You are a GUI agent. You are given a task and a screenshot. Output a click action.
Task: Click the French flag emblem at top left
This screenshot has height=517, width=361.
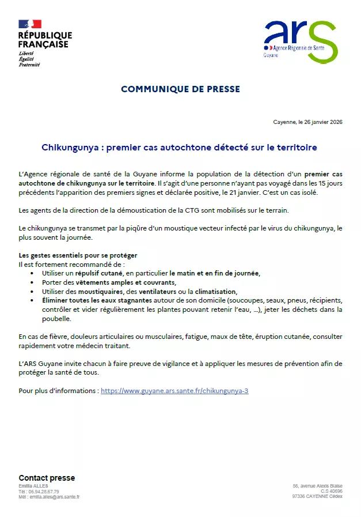(x=30, y=24)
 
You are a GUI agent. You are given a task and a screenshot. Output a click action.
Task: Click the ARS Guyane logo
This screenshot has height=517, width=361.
(x=300, y=41)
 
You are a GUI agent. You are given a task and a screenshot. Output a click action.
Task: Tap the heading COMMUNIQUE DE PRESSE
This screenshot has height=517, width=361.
(x=180, y=89)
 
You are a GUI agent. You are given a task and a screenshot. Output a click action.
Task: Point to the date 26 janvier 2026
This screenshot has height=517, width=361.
(x=320, y=122)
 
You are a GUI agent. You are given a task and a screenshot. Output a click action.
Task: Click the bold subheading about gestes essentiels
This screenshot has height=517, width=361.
(x=78, y=255)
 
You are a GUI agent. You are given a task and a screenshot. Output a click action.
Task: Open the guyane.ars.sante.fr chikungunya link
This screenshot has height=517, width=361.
(x=174, y=390)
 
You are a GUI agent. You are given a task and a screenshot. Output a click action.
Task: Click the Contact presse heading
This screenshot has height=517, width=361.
(x=47, y=478)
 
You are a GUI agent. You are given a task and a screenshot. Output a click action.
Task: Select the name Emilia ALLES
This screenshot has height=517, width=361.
(x=33, y=486)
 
